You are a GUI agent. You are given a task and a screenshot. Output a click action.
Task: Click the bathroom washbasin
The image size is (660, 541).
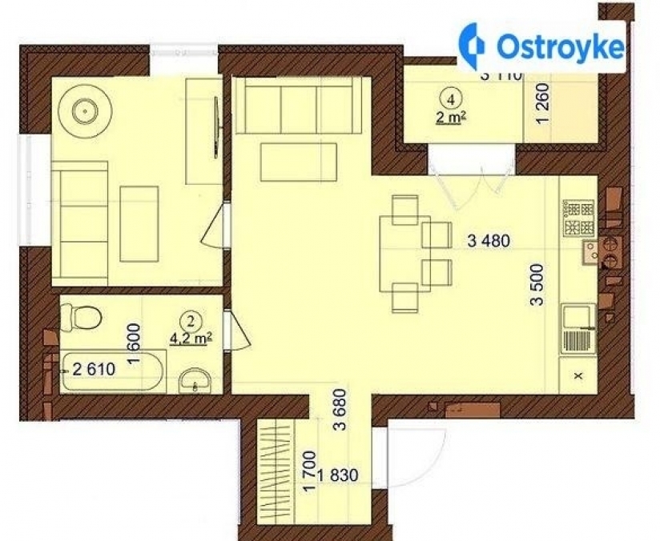[x=194, y=379]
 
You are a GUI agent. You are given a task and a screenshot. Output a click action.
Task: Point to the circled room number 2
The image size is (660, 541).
[x=191, y=322]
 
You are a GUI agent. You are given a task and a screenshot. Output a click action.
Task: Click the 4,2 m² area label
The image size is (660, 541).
[x=191, y=338]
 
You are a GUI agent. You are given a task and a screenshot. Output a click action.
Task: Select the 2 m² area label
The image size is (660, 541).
[x=453, y=118]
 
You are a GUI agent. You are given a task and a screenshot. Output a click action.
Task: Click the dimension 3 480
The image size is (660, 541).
[x=489, y=240]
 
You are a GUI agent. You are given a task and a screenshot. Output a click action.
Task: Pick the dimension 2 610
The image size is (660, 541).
[x=95, y=369]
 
